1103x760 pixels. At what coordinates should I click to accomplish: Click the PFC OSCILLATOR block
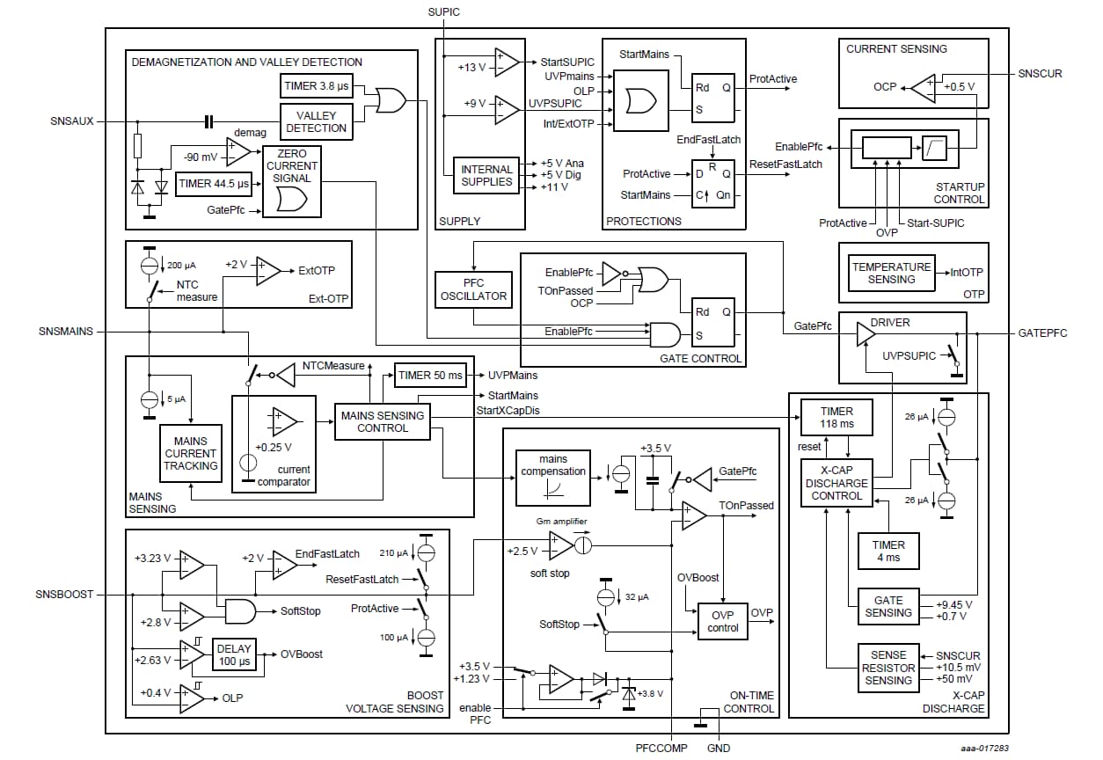(473, 289)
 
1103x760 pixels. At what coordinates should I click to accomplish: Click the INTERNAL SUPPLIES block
(486, 175)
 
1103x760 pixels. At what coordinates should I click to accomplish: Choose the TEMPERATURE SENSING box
(891, 273)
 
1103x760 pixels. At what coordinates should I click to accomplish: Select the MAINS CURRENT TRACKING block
(190, 453)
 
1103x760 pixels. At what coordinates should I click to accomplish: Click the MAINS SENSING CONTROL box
(383, 421)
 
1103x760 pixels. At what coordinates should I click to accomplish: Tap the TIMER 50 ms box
(430, 376)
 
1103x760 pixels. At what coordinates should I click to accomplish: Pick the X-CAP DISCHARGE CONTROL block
(836, 483)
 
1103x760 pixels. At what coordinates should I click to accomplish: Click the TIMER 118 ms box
(836, 417)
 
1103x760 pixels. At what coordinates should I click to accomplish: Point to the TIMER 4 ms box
(888, 551)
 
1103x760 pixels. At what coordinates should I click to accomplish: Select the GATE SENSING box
(888, 606)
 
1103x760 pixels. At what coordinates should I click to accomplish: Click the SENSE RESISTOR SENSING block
(888, 668)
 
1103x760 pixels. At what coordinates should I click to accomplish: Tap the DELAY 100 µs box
(234, 655)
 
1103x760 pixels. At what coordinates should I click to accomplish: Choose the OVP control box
(723, 621)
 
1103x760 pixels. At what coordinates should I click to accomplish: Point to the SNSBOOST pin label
(64, 595)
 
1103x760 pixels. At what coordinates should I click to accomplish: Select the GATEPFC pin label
(1043, 334)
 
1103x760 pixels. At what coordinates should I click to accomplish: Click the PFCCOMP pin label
(661, 749)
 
